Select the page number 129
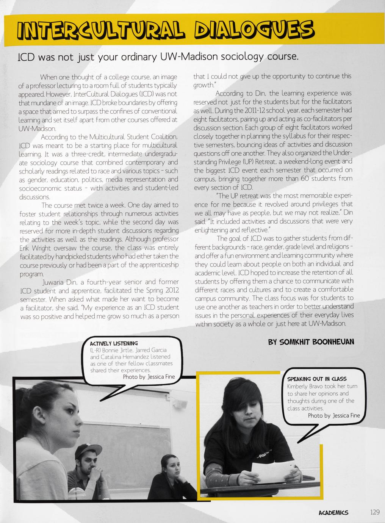(x=374, y=512)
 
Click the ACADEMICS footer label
(x=333, y=512)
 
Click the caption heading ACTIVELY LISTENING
(x=114, y=343)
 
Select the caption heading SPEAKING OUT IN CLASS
(x=317, y=379)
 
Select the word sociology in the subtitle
(x=243, y=57)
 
